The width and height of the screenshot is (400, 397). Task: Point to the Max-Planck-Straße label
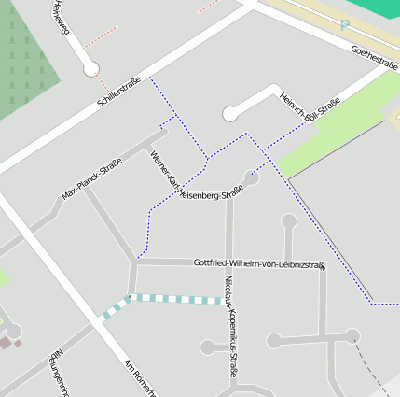(x=91, y=179)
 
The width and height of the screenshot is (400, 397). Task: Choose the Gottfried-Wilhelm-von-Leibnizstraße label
(x=259, y=264)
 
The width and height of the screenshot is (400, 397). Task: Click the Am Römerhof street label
(x=138, y=376)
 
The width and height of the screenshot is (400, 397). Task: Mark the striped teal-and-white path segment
(x=172, y=299)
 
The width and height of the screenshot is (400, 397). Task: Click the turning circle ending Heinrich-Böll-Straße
(x=230, y=114)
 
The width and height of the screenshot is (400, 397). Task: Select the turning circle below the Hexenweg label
(x=91, y=68)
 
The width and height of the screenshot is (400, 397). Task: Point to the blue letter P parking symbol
(x=344, y=26)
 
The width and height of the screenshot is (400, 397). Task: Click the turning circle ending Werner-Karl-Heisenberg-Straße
(x=251, y=177)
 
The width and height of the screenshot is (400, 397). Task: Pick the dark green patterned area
(x=23, y=65)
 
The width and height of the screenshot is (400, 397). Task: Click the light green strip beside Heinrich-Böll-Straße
(x=336, y=131)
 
